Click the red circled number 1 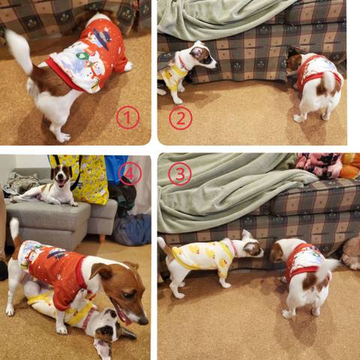tap(127, 117)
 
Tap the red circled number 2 tap(181, 118)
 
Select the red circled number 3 tap(180, 174)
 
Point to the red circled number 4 tap(130, 173)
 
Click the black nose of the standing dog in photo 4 tap(143, 321)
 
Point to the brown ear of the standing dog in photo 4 tap(100, 270)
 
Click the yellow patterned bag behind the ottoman tap(88, 178)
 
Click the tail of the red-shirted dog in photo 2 tap(328, 81)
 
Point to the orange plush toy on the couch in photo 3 tap(350, 166)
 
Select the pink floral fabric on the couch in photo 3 tap(318, 165)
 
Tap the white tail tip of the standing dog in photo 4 tap(14, 227)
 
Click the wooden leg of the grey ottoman tap(102, 238)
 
